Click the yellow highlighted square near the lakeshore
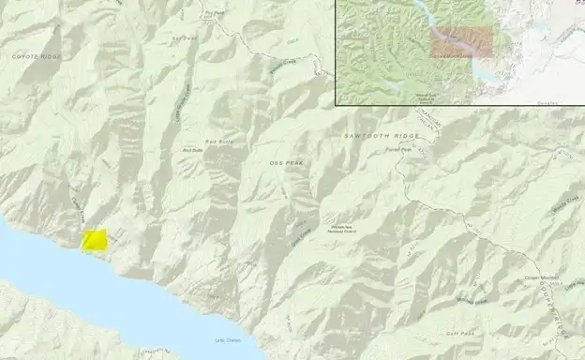point(95,239)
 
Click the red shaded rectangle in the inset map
point(460,43)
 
